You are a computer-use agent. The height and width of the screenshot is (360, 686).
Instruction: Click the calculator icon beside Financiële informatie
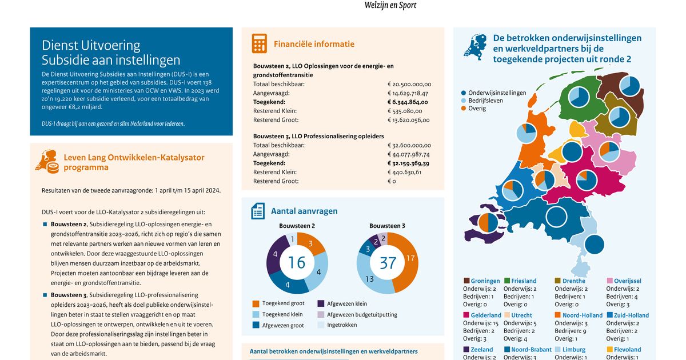pos(260,44)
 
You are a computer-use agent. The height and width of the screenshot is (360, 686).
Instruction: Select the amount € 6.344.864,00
pos(408,102)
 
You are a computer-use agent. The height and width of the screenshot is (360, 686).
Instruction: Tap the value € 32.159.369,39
pos(408,163)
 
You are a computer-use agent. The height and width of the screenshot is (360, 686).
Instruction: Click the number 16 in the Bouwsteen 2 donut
pos(297,262)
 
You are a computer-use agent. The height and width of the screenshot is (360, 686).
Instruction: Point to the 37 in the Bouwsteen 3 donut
pos(388,263)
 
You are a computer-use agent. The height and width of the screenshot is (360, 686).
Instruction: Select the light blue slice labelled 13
pos(370,279)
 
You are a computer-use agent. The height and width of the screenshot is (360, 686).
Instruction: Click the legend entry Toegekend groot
pos(283,303)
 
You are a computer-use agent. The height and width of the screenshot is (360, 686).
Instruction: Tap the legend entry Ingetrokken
pos(341,325)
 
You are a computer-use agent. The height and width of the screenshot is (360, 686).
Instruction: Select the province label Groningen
pos(485,281)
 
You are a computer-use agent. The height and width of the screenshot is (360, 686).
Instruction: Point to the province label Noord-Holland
pos(583,315)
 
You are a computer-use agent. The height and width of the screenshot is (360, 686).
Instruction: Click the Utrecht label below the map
pos(522,315)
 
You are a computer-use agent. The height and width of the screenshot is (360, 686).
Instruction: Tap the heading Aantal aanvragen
pos(304,211)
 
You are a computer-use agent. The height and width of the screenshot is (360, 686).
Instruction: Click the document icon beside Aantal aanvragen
pos(258,211)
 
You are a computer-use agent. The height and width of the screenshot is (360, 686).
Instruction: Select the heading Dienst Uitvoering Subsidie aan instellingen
pos(111,53)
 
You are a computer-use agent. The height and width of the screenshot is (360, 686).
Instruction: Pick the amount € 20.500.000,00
pos(409,84)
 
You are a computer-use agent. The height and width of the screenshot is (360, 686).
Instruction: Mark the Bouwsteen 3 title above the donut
pos(387,226)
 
